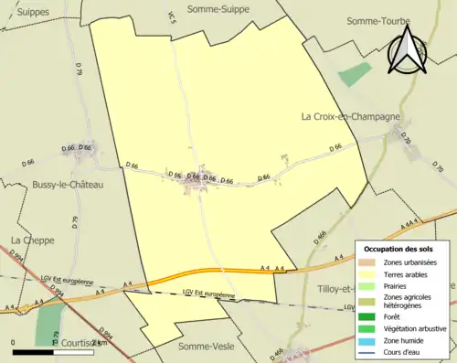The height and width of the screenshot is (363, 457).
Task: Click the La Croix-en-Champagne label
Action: [352, 117]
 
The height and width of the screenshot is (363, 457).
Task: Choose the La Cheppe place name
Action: [28, 240]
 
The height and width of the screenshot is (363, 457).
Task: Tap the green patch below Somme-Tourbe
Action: [355, 74]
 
